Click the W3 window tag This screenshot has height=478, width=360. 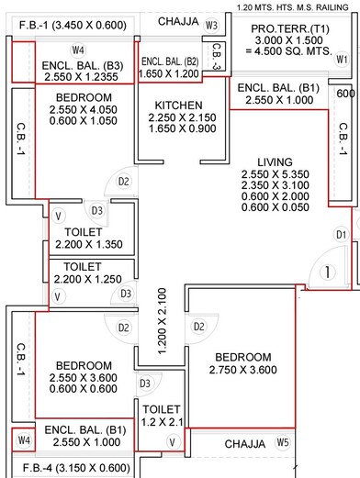pos(212,25)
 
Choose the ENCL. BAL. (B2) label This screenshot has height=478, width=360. pos(169,61)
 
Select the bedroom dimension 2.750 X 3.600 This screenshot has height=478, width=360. pos(243,371)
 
